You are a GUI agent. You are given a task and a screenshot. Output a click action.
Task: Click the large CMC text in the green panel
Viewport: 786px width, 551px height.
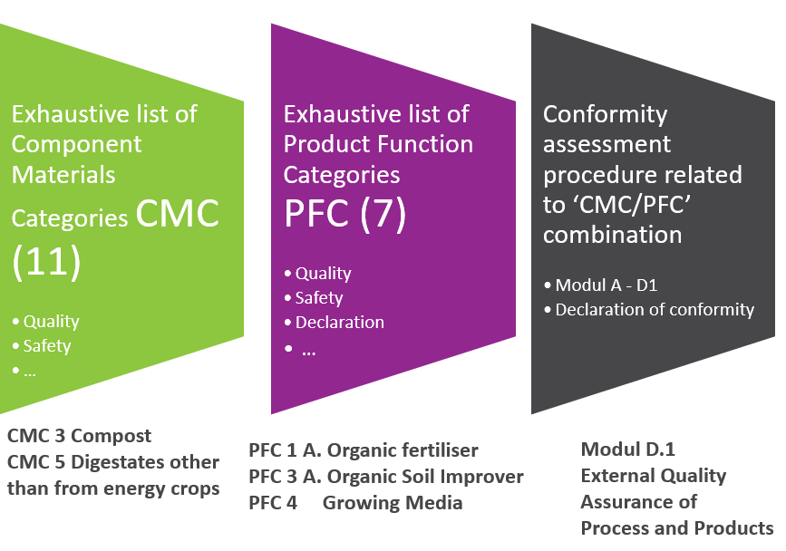[178, 214]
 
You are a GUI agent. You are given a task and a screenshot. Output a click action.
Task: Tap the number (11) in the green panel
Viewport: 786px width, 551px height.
[46, 262]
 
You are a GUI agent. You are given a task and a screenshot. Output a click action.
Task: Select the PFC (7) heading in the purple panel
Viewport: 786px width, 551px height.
[344, 214]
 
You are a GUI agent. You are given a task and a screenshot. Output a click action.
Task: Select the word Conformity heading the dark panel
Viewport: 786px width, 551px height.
[605, 115]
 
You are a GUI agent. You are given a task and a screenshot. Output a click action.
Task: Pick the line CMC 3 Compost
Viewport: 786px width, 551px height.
[79, 436]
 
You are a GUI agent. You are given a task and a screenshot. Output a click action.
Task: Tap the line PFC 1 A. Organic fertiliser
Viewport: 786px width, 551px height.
[364, 450]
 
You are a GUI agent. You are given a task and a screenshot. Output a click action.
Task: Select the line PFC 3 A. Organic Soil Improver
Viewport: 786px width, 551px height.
[386, 477]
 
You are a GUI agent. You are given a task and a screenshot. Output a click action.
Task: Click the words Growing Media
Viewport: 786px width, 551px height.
[393, 503]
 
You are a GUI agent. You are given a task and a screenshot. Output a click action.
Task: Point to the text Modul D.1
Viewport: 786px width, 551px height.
[628, 449]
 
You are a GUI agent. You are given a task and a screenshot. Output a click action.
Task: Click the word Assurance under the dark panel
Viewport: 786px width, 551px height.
[638, 501]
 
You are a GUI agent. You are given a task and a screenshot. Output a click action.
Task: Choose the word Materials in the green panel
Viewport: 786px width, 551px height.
[63, 175]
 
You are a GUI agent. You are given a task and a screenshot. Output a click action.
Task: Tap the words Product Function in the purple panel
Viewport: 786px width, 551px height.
[378, 144]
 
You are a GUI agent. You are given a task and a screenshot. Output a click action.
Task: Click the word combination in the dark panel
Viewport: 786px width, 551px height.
[613, 235]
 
